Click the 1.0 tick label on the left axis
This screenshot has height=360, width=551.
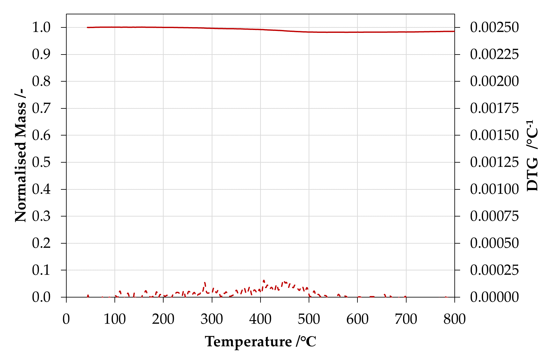click(x=41, y=27)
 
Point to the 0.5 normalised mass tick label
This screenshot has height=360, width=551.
click(x=41, y=162)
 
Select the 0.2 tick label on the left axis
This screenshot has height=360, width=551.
click(x=41, y=243)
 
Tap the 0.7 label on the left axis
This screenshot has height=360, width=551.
click(x=41, y=108)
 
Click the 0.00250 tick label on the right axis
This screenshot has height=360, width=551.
click(x=495, y=27)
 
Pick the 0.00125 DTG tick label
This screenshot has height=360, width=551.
click(x=495, y=162)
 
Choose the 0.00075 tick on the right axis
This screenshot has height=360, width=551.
click(x=495, y=216)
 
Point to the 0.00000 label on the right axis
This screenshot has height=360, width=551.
click(x=495, y=297)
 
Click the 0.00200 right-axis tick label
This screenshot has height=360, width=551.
click(x=495, y=81)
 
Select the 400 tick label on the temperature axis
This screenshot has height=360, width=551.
click(x=261, y=319)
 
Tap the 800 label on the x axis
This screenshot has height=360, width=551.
click(x=455, y=319)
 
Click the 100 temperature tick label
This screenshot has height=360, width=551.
click(x=115, y=319)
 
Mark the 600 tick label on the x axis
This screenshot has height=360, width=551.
click(x=357, y=319)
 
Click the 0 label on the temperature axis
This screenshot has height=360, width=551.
click(x=66, y=319)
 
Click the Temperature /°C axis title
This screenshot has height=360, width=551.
click(x=261, y=342)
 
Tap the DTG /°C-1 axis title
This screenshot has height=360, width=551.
click(x=533, y=155)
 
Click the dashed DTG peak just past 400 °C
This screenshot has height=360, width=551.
click(x=264, y=281)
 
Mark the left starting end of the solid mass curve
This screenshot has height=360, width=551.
click(x=87, y=27)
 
